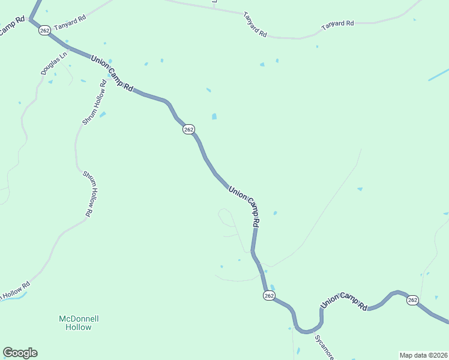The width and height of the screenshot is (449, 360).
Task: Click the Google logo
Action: [20, 353]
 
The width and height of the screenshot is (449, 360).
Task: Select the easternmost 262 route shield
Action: [412, 300]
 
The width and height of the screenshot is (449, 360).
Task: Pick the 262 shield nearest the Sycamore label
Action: [269, 296]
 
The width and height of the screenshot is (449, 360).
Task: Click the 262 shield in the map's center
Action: [189, 130]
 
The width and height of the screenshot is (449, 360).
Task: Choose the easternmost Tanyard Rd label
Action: [337, 23]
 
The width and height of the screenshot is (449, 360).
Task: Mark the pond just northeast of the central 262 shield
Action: [214, 116]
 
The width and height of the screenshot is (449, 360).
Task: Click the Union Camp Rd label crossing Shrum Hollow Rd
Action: [112, 73]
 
